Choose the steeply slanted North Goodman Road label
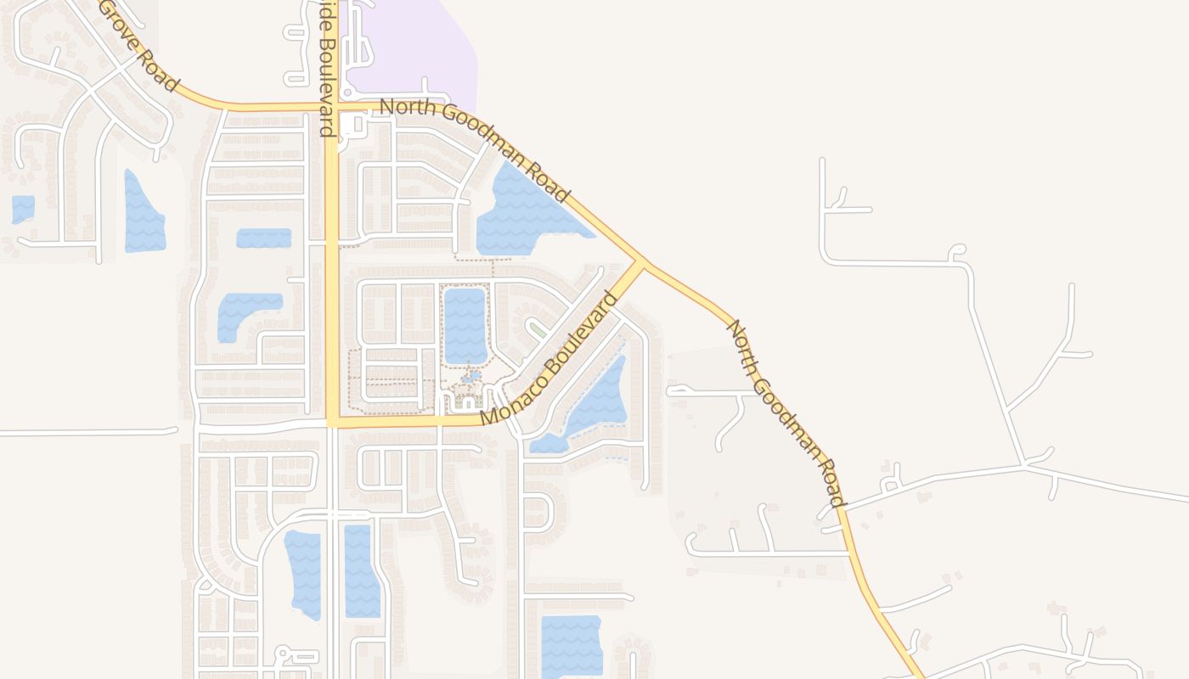(786, 412)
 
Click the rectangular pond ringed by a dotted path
(465, 325)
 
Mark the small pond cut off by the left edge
(23, 209)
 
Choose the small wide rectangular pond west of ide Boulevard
(263, 238)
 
